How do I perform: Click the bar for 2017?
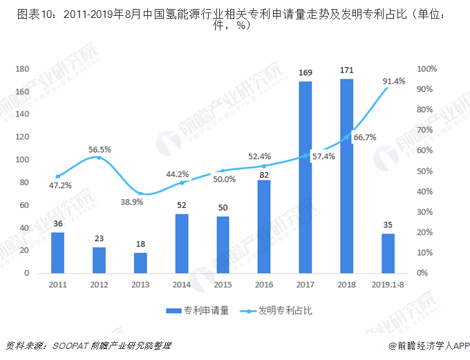click(305, 178)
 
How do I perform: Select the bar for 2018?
click(347, 176)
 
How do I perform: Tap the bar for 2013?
click(140, 263)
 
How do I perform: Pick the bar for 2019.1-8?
click(388, 253)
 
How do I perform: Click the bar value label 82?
click(264, 175)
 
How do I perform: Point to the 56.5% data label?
click(100, 149)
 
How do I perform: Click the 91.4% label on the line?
click(394, 82)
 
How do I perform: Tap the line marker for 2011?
click(58, 176)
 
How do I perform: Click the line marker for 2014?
click(182, 182)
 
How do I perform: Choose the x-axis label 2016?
click(264, 284)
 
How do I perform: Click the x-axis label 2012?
click(99, 284)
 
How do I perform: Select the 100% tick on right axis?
click(427, 69)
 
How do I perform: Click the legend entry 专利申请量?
click(205, 311)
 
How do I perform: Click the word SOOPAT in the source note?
click(66, 345)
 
